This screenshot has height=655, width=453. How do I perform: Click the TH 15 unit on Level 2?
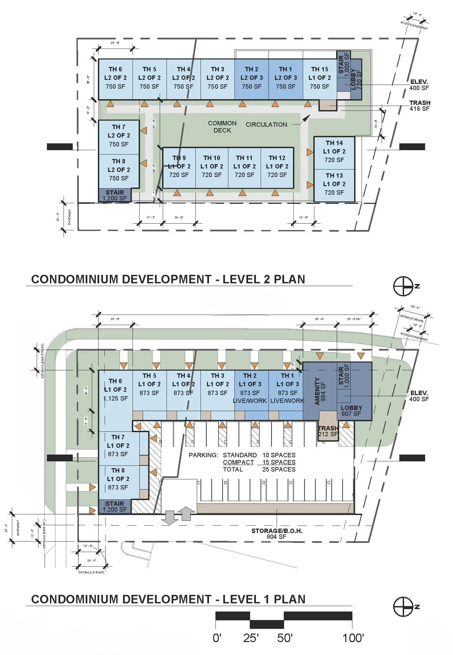pyautogui.click(x=319, y=78)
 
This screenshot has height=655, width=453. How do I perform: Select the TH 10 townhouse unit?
pyautogui.click(x=212, y=166)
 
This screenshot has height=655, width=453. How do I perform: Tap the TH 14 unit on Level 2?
pyautogui.click(x=334, y=152)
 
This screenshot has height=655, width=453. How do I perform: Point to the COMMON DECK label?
pyautogui.click(x=222, y=127)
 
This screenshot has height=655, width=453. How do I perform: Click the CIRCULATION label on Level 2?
pyautogui.click(x=266, y=125)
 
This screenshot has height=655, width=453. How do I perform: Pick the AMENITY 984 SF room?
pyautogui.click(x=320, y=391)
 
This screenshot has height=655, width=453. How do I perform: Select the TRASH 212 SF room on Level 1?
pyautogui.click(x=328, y=431)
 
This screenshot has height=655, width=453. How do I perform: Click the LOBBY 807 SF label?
pyautogui.click(x=351, y=410)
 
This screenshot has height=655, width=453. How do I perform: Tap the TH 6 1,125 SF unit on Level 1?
pyautogui.click(x=116, y=390)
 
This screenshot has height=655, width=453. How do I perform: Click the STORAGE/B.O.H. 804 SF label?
pyautogui.click(x=277, y=534)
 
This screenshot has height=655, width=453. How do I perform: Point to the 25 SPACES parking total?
pyautogui.click(x=279, y=470)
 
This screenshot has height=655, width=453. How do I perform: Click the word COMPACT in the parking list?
pyautogui.click(x=238, y=462)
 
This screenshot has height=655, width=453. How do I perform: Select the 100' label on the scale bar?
pyautogui.click(x=353, y=638)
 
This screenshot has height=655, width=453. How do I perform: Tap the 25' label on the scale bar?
pyautogui.click(x=251, y=638)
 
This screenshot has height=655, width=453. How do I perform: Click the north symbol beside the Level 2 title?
pyautogui.click(x=403, y=286)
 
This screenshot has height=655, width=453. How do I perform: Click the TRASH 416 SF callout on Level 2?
pyautogui.click(x=419, y=106)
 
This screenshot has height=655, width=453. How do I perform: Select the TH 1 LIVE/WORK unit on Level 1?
pyautogui.click(x=287, y=388)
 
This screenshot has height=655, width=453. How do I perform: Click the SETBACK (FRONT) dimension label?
pyautogui.click(x=91, y=572)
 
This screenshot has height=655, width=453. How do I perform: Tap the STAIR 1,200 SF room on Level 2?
pyautogui.click(x=115, y=195)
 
